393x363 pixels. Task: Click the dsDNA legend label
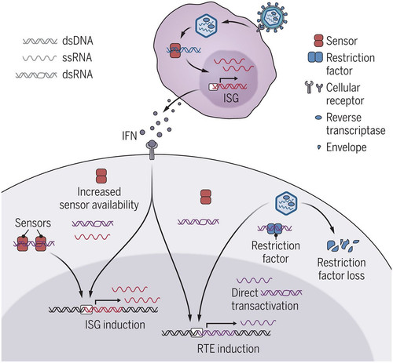(78, 41)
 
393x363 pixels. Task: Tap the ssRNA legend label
(77, 57)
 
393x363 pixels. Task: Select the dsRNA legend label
(78, 74)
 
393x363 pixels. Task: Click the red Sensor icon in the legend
(318, 41)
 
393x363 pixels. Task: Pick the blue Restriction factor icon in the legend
(315, 57)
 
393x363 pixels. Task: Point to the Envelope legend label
(347, 147)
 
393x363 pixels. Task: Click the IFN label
(130, 136)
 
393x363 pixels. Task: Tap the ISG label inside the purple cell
(231, 98)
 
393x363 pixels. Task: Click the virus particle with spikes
(272, 18)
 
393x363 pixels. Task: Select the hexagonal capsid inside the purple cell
(207, 24)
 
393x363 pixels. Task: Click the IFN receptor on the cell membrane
(152, 150)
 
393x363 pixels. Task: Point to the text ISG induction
(115, 325)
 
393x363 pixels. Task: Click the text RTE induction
(228, 349)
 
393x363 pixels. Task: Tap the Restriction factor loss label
(341, 269)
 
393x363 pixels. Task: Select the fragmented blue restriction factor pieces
(343, 245)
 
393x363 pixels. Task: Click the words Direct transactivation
(265, 299)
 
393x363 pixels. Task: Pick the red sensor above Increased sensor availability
(101, 176)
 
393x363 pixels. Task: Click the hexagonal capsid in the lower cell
(286, 204)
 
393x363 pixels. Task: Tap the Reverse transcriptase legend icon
(318, 118)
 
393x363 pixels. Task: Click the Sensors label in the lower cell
(33, 223)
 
